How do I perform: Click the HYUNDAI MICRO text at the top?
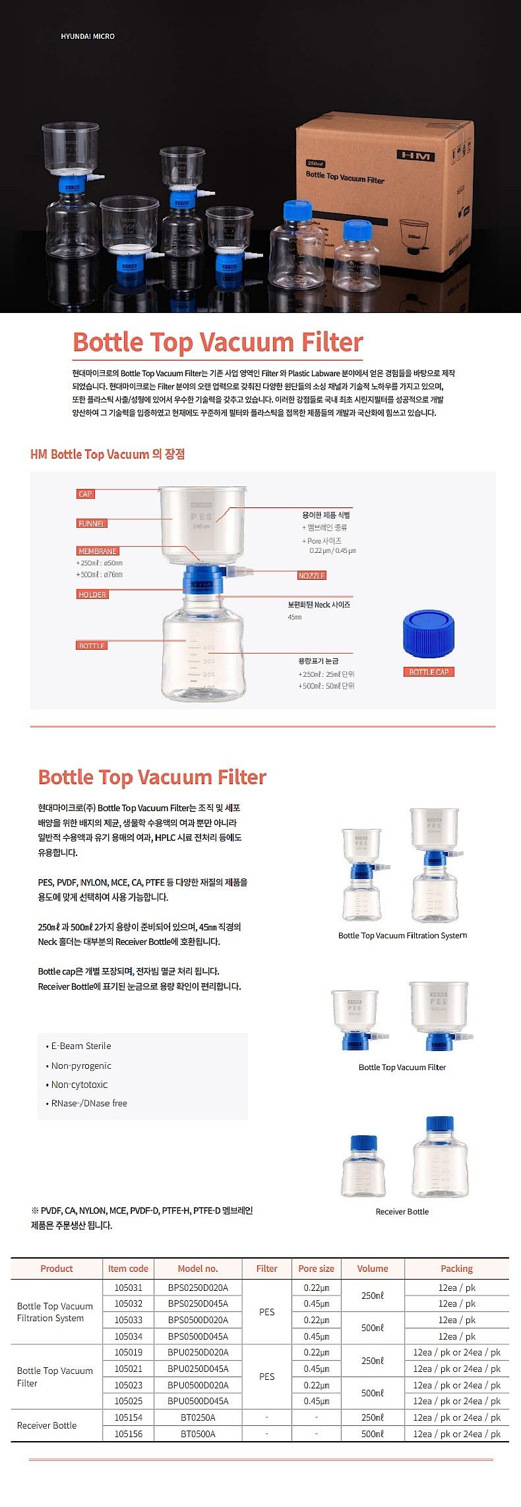tap(88, 36)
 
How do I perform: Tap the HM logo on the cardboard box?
tap(415, 156)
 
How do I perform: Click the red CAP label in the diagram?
tap(86, 494)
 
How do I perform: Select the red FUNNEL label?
tap(92, 523)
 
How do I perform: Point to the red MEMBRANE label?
tap(98, 551)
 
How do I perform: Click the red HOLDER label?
tap(92, 594)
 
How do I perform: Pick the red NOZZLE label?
tap(311, 575)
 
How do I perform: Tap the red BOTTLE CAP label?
tap(429, 671)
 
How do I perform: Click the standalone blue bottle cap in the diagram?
tap(429, 634)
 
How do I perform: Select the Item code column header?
tap(128, 1268)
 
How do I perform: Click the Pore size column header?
tap(316, 1268)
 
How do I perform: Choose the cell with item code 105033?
tap(128, 1320)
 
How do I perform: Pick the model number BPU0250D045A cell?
tap(198, 1369)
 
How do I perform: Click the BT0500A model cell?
tap(198, 1434)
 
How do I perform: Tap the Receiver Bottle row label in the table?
tap(47, 1425)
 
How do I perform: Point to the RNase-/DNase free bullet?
tap(89, 1103)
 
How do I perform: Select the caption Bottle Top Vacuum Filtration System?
tap(402, 935)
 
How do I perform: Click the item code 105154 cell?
tap(128, 1417)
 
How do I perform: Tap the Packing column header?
tap(456, 1268)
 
